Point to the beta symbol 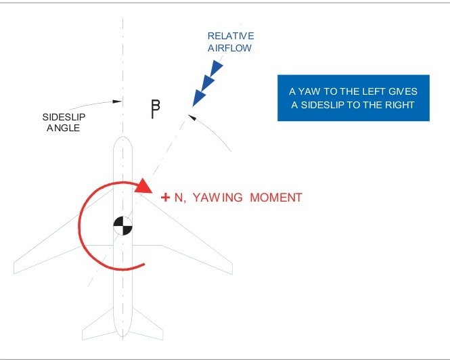156,108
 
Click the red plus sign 165,198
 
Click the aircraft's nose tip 122,138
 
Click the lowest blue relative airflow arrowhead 199,97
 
